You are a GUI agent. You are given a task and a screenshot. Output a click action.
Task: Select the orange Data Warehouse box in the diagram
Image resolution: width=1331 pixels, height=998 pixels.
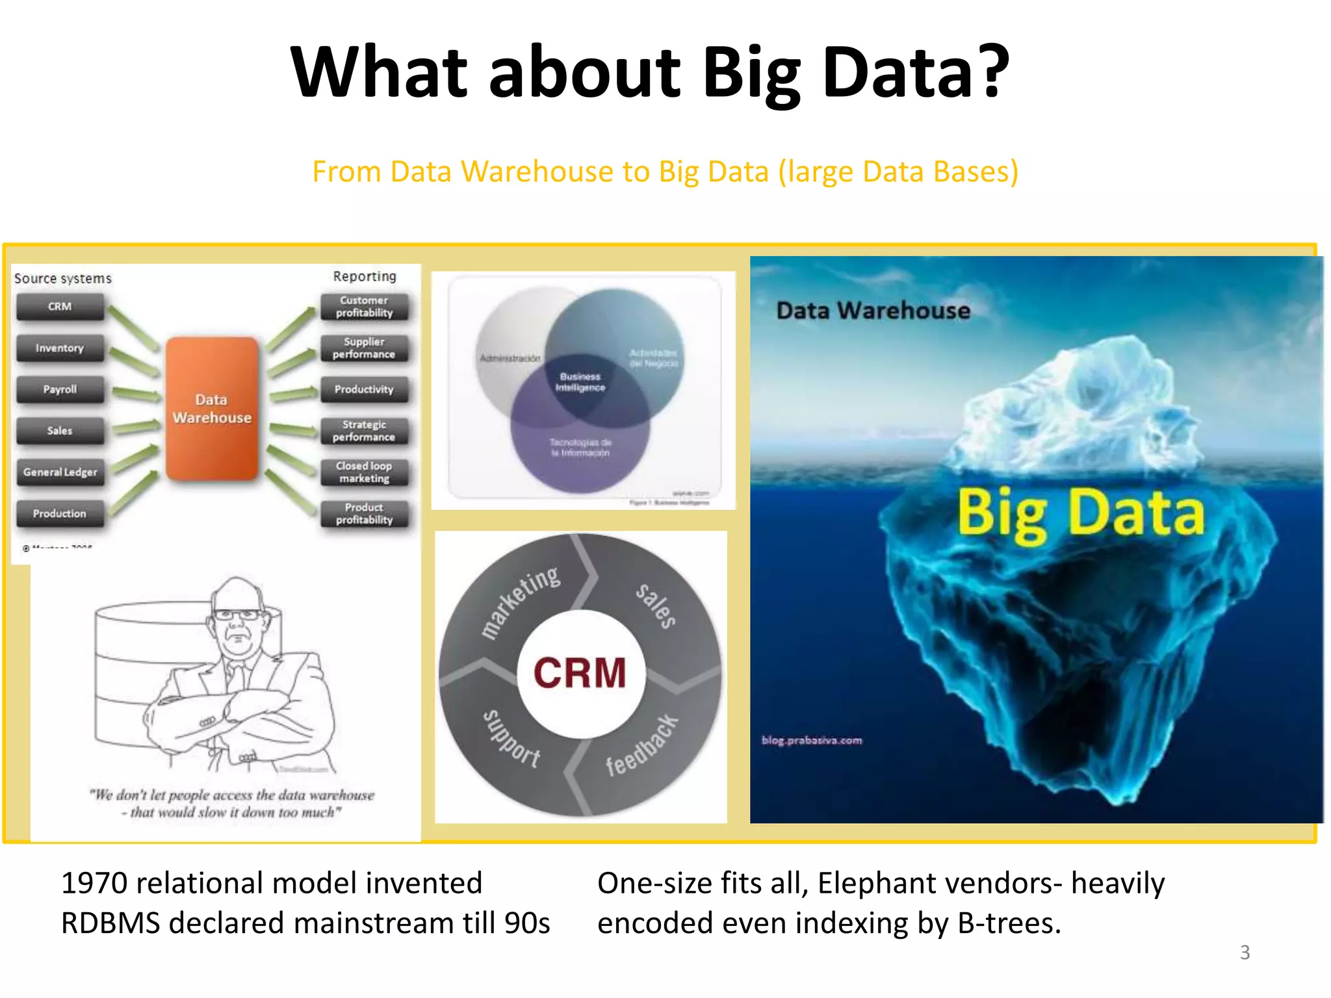coord(212,409)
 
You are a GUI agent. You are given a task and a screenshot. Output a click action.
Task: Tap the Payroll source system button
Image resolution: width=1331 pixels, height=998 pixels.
coord(60,389)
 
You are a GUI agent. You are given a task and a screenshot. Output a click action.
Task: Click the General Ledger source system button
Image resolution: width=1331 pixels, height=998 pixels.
coord(60,472)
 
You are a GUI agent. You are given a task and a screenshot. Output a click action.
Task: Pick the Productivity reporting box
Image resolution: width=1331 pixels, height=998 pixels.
coord(364,389)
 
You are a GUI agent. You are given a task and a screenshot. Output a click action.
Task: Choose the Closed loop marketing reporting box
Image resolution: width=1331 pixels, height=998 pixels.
coord(364,472)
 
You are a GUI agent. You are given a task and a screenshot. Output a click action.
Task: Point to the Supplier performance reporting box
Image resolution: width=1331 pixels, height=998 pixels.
coord(364,348)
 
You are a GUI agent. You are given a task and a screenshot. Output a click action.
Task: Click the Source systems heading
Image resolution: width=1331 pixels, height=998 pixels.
coord(63,279)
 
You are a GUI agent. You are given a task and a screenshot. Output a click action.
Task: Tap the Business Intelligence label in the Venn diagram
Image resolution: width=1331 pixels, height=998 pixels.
coord(580,382)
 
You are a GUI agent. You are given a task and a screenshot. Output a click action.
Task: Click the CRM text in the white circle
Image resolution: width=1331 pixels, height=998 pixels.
coord(580,672)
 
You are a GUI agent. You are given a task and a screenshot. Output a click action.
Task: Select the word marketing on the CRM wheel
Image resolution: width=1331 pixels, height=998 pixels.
coord(520,601)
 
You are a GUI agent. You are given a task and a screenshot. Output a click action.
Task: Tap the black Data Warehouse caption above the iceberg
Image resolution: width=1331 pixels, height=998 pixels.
coord(873,311)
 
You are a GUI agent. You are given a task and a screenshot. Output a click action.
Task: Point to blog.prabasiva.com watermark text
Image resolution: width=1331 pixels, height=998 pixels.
coord(812,740)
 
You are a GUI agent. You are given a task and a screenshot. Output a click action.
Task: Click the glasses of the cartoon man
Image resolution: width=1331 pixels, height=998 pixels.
coord(237,615)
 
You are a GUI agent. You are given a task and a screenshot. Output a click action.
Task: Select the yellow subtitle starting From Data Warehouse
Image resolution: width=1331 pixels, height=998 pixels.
coord(665,172)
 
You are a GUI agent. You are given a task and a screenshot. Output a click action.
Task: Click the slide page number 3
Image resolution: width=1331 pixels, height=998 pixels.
coord(1245,953)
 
